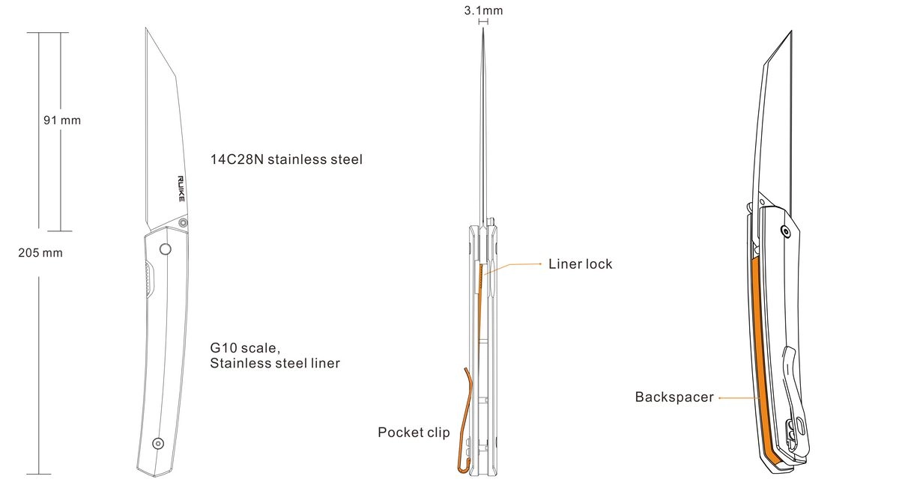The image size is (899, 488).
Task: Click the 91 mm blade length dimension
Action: click(61, 120)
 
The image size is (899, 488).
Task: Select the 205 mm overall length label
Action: click(40, 253)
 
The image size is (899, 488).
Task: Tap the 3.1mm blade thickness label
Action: click(483, 10)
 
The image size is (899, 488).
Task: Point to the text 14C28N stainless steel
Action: click(286, 159)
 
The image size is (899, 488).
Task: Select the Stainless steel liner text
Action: click(275, 364)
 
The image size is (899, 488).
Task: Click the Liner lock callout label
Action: click(580, 263)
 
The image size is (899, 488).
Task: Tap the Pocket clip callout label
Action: click(414, 433)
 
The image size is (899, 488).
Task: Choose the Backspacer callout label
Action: click(674, 397)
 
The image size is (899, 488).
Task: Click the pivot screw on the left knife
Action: click(184, 222)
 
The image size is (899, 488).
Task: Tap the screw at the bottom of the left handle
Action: click(157, 442)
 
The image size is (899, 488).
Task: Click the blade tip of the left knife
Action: click(146, 30)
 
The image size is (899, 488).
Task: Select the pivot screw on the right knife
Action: click(784, 231)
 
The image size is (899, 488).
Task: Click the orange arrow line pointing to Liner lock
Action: click(517, 264)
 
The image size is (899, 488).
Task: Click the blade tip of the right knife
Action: click(791, 32)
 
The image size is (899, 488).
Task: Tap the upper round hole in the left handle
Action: click(166, 249)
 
